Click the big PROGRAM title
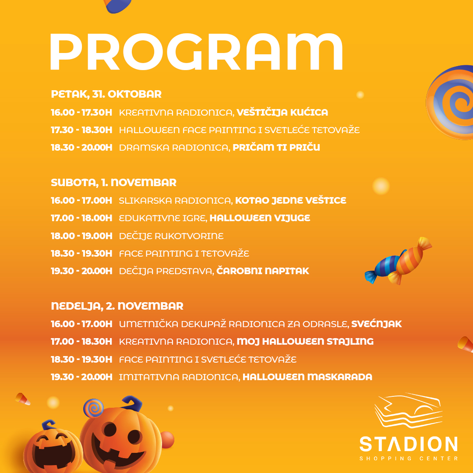pos(196,52)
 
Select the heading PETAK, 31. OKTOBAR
pos(106,94)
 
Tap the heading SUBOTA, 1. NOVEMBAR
pos(114,183)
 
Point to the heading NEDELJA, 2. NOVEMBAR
pos(117,306)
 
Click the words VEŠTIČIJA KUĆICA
pos(282,112)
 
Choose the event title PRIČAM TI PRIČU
pos(276,147)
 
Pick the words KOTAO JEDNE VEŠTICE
pos(290,200)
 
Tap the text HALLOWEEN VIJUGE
pos(260,218)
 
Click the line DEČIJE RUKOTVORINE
pos(171,236)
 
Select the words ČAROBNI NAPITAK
pos(263,271)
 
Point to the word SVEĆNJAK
pos(377,324)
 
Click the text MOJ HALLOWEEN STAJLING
pos(305,341)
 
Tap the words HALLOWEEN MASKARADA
pos(307,377)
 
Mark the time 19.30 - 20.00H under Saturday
pos(81,271)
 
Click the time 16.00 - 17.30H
pos(81,112)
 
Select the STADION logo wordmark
pos(409,444)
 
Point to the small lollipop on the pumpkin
pos(94,408)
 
